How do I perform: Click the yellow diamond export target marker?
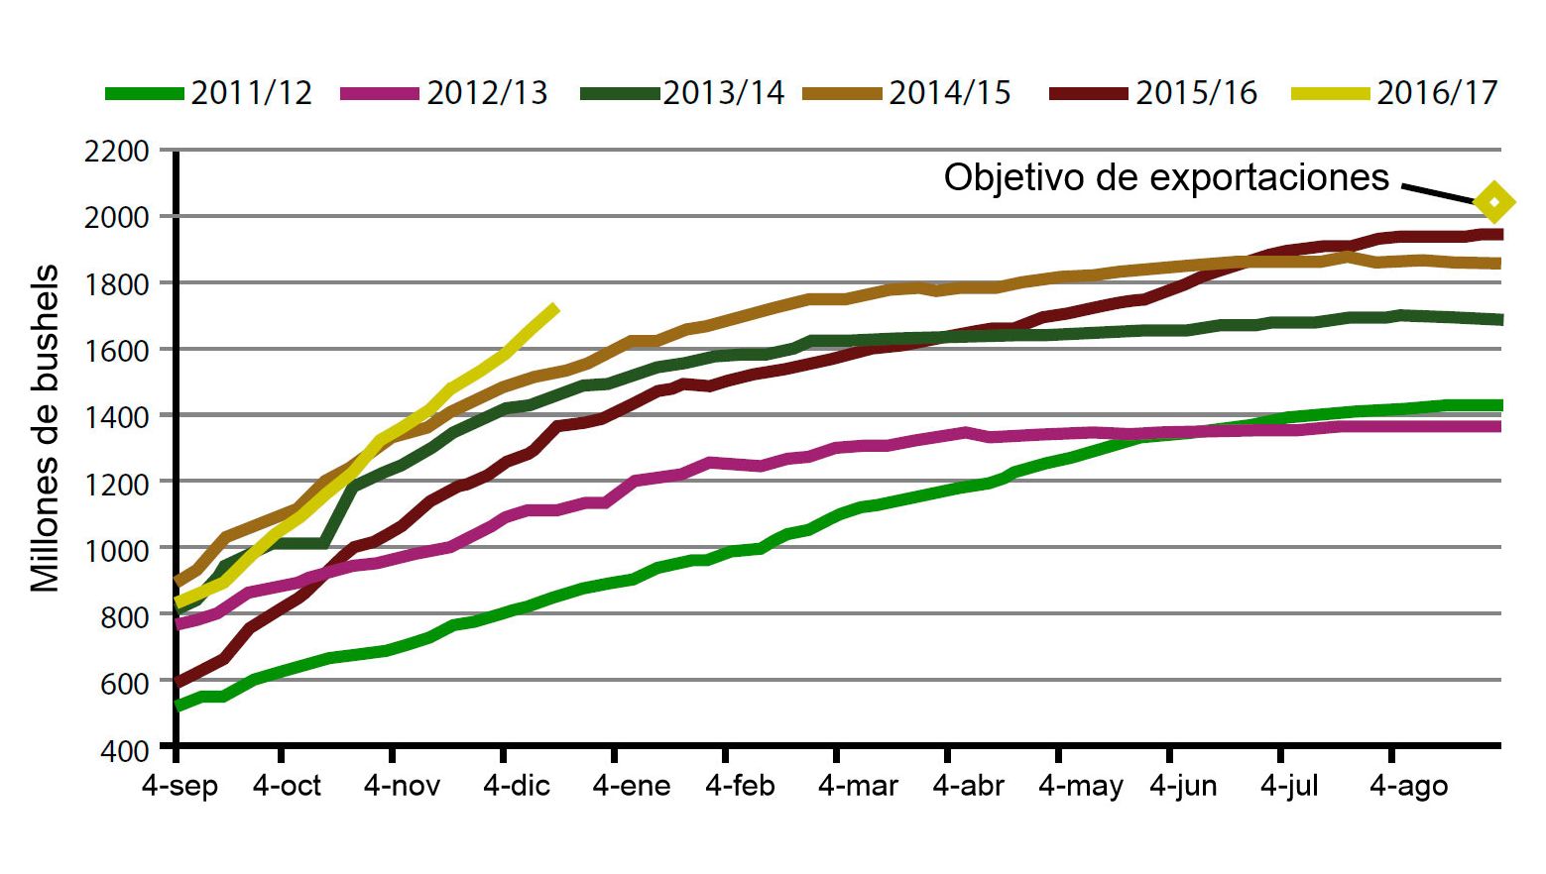click(1494, 202)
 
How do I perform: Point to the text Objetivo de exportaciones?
click(1166, 177)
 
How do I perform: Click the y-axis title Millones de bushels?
click(46, 428)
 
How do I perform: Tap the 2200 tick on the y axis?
click(117, 152)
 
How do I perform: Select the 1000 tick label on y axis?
click(117, 549)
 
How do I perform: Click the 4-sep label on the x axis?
click(179, 786)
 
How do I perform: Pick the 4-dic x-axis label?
click(516, 786)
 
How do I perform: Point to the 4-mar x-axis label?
click(858, 786)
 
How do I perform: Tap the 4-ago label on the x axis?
click(1408, 786)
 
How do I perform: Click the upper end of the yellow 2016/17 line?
click(554, 309)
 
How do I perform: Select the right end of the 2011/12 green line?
click(1498, 405)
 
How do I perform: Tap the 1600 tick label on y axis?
click(117, 350)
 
